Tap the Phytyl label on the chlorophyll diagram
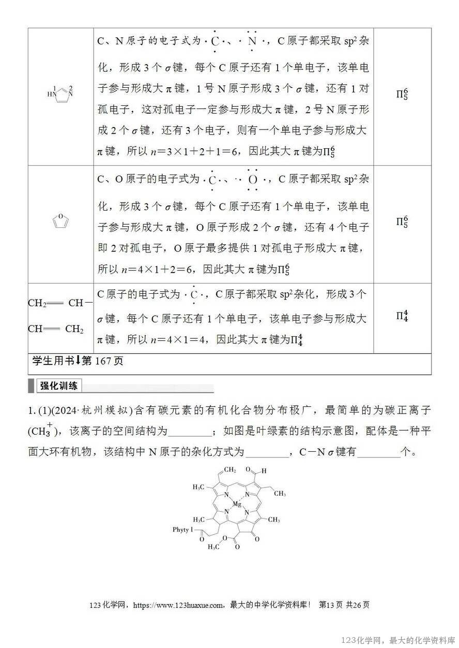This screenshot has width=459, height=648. (182, 530)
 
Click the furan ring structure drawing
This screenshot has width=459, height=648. (61, 221)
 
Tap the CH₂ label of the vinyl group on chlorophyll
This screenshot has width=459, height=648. (230, 469)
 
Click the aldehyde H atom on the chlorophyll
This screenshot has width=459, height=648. (264, 471)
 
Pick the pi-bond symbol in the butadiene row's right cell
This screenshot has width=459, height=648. (402, 315)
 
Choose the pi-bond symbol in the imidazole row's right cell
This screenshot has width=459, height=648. (402, 94)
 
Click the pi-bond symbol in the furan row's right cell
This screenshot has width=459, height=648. (402, 222)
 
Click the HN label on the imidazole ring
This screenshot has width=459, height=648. (51, 94)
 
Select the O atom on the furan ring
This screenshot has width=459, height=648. (61, 216)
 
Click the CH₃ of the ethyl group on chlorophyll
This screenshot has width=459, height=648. (280, 493)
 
